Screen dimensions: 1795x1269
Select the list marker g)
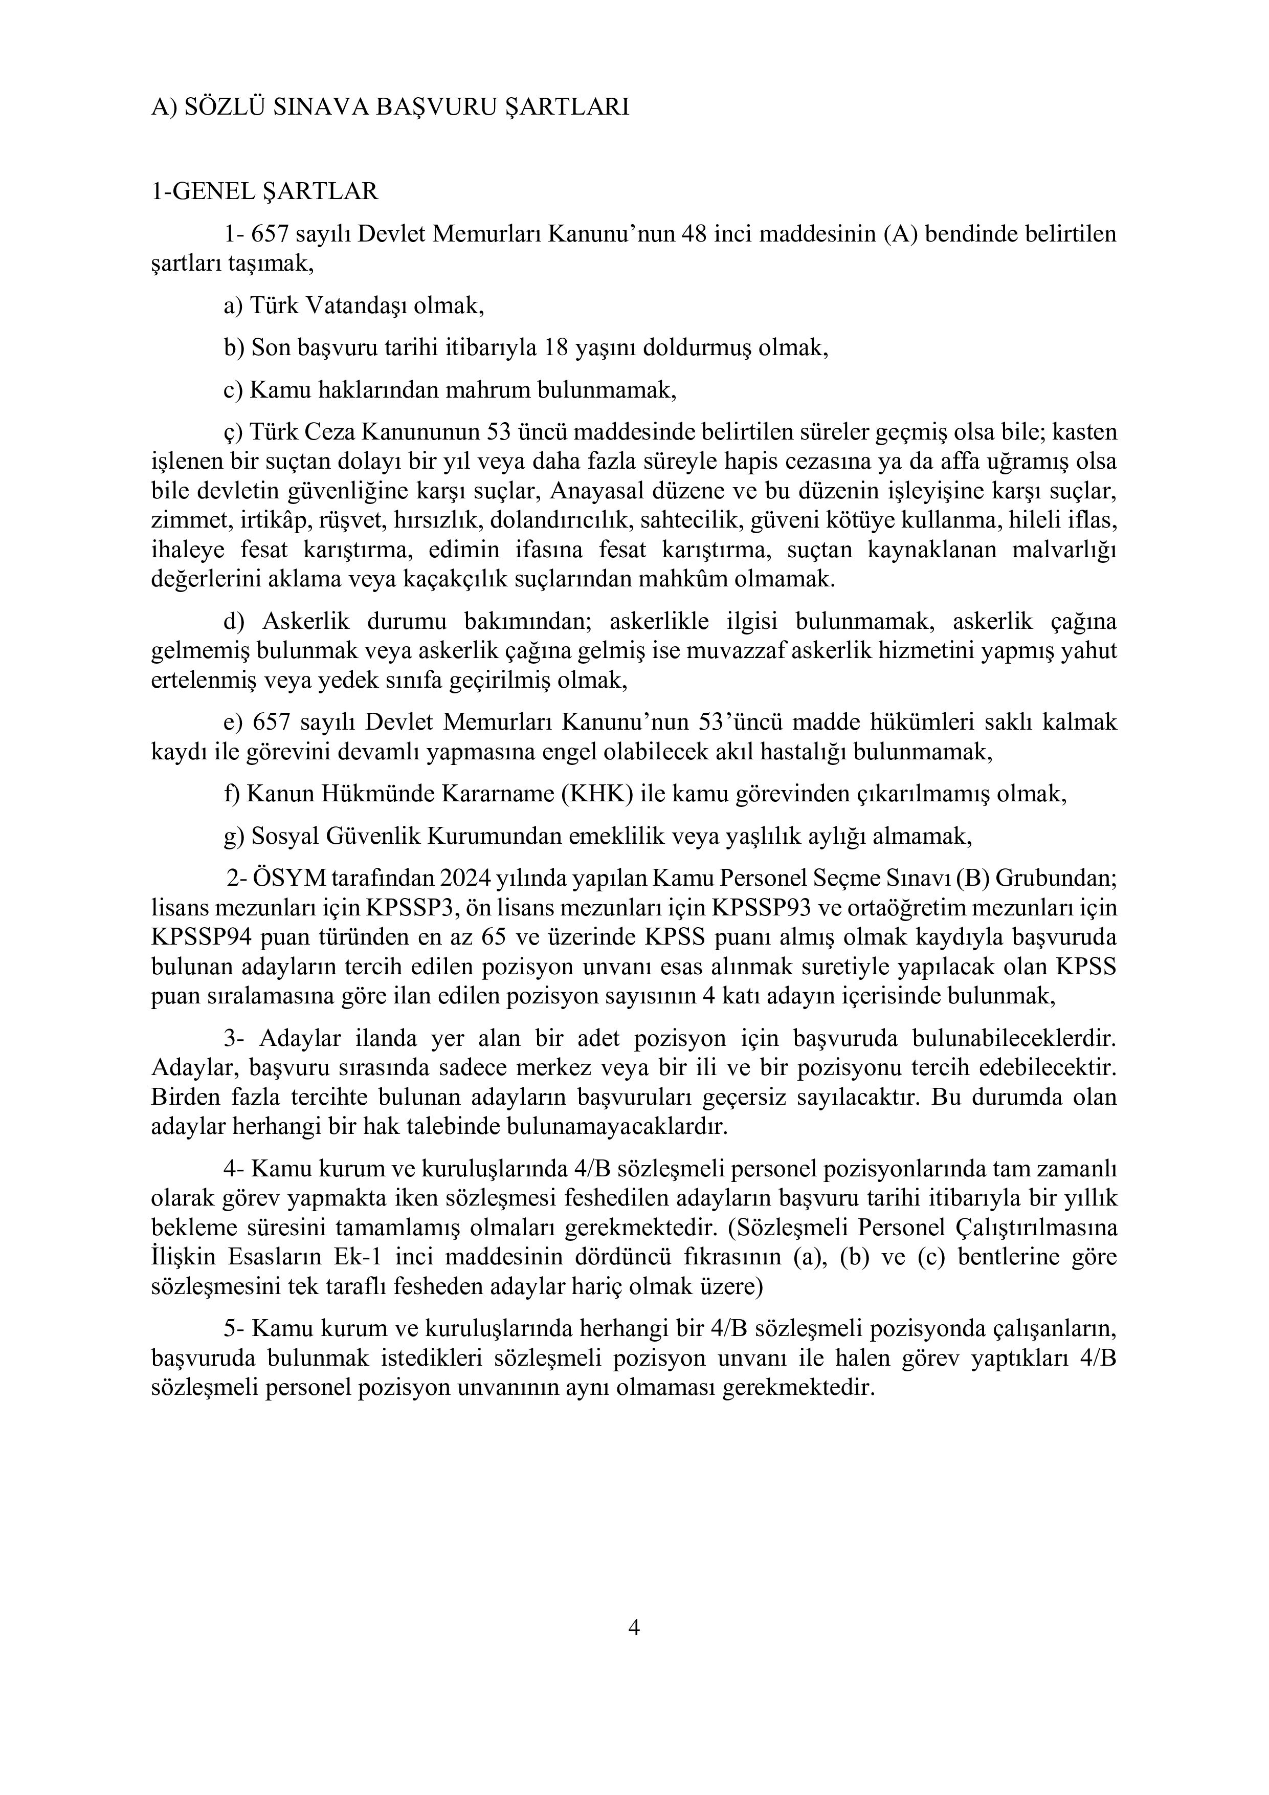point(234,837)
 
